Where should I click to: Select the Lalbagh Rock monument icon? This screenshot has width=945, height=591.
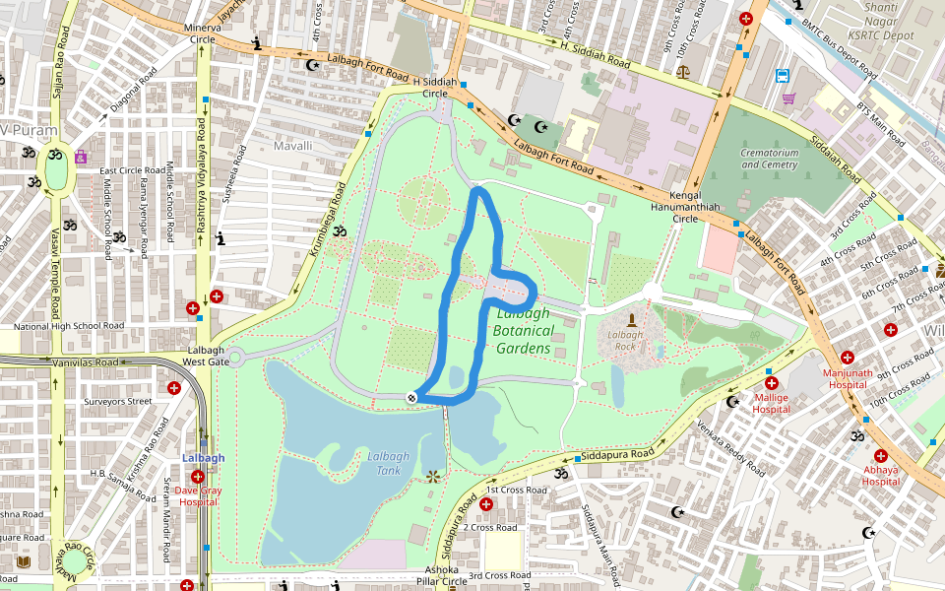pos(631,320)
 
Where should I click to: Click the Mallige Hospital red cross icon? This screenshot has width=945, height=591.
pos(771,382)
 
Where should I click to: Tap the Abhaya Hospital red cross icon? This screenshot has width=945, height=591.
pos(880,456)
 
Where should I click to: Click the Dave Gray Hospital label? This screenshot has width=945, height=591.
pos(197,495)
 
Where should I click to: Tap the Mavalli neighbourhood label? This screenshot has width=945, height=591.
pos(292,146)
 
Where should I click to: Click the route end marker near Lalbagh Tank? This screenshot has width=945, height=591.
pos(411,397)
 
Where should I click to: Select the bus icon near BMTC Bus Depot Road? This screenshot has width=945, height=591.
pos(783,76)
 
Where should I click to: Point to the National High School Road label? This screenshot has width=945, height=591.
pos(69,326)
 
